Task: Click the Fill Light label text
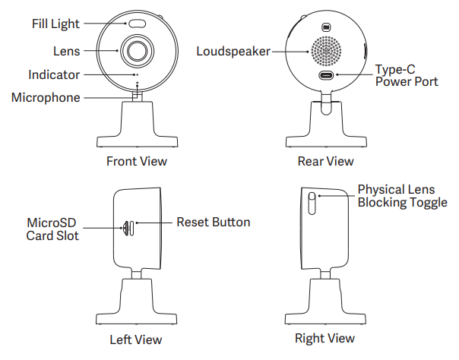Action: coord(55,24)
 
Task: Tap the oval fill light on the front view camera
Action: coord(138,24)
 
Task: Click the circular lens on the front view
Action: coord(138,51)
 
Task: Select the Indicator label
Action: coord(53,75)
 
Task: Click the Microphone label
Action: coord(46,98)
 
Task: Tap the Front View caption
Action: coord(137,161)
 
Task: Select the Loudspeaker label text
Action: coord(233,52)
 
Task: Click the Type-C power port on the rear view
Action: coord(325,75)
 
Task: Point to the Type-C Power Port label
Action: coord(407,75)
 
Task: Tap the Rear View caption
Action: coord(325,161)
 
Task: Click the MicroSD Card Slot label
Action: coord(52,229)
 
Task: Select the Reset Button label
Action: coord(213,223)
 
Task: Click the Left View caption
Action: coord(136,339)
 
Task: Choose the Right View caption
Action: coord(324,338)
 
